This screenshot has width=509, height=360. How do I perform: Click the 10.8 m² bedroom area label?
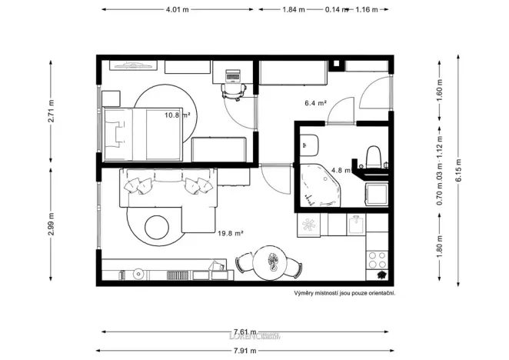coord(177,115)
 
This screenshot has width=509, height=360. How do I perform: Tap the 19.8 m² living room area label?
coord(231,232)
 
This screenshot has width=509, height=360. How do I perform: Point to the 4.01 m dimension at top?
coord(178,10)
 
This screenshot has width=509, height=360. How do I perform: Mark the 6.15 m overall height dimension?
coord(458,172)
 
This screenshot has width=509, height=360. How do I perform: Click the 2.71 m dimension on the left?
coord(51,111)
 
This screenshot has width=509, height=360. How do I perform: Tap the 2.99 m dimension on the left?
coord(51,227)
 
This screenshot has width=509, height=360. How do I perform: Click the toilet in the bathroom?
coord(374,155)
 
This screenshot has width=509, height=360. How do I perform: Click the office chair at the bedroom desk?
coord(233,89)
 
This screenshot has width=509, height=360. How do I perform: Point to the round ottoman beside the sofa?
coord(157,227)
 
